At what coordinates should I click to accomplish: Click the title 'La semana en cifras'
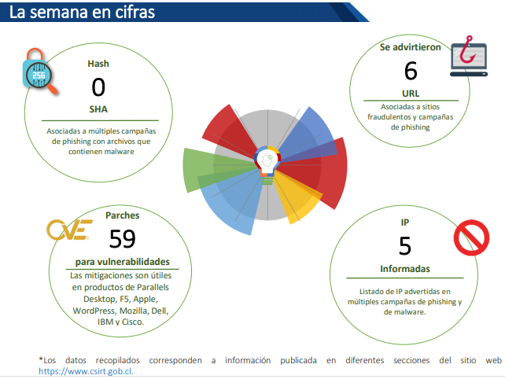[x=82, y=13]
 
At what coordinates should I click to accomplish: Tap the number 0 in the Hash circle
[x=98, y=87]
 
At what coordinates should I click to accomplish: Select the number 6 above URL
[x=411, y=71]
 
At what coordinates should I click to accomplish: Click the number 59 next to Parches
[x=123, y=239]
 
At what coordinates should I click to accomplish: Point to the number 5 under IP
[x=405, y=246]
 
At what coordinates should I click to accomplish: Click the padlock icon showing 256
[x=39, y=72]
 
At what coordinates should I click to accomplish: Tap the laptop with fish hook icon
[x=469, y=57]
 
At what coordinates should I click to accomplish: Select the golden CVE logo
[x=69, y=230]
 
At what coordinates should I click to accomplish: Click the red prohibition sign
[x=471, y=237]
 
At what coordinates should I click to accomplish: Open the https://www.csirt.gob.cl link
[x=86, y=371]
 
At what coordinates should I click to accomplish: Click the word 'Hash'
[x=98, y=64]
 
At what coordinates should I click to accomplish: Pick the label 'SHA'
[x=98, y=109]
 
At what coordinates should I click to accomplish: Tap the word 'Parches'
[x=123, y=215]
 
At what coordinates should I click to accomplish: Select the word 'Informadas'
[x=405, y=269]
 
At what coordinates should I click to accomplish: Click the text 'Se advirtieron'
[x=411, y=47]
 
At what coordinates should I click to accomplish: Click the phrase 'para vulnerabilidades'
[x=123, y=262]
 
